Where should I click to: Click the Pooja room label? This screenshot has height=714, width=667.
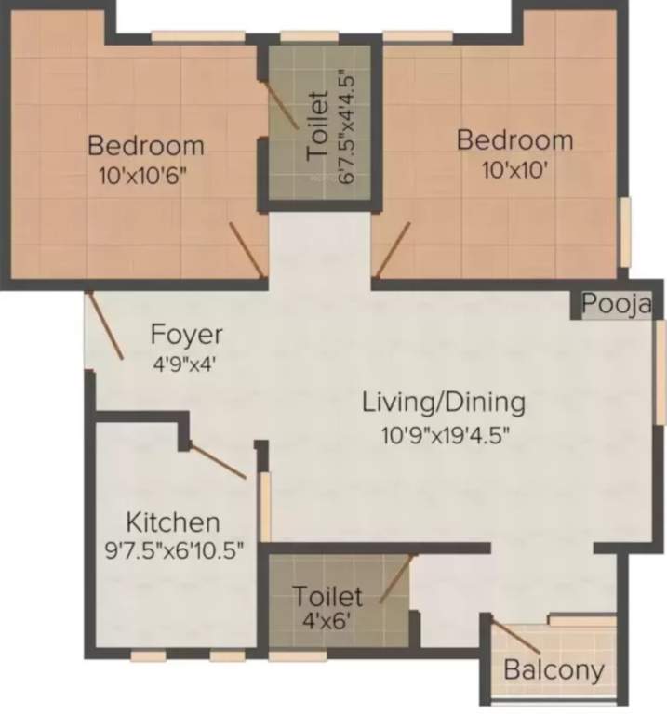click(617, 303)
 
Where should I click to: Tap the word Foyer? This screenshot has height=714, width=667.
click(186, 335)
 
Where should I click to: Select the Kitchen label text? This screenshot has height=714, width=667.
click(173, 522)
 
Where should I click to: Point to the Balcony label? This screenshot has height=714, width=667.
click(554, 670)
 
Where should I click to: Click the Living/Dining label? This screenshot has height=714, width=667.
click(444, 403)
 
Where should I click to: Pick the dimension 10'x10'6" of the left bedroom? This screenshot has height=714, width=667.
click(143, 176)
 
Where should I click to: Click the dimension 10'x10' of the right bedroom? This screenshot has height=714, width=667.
click(514, 171)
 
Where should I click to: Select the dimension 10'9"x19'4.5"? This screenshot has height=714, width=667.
click(445, 436)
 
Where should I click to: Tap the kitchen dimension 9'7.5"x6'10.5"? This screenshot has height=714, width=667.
click(175, 551)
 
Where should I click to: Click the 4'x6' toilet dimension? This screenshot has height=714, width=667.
click(327, 621)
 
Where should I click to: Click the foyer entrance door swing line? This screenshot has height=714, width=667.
click(106, 326)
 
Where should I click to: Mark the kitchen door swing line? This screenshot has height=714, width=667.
click(218, 460)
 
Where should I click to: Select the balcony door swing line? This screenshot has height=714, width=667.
click(516, 637)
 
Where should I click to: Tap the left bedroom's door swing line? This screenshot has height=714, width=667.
click(247, 250)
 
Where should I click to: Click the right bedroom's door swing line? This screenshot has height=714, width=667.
click(393, 250)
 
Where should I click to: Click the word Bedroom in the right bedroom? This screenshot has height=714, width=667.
click(514, 139)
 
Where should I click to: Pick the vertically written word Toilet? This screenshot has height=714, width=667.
click(317, 126)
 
